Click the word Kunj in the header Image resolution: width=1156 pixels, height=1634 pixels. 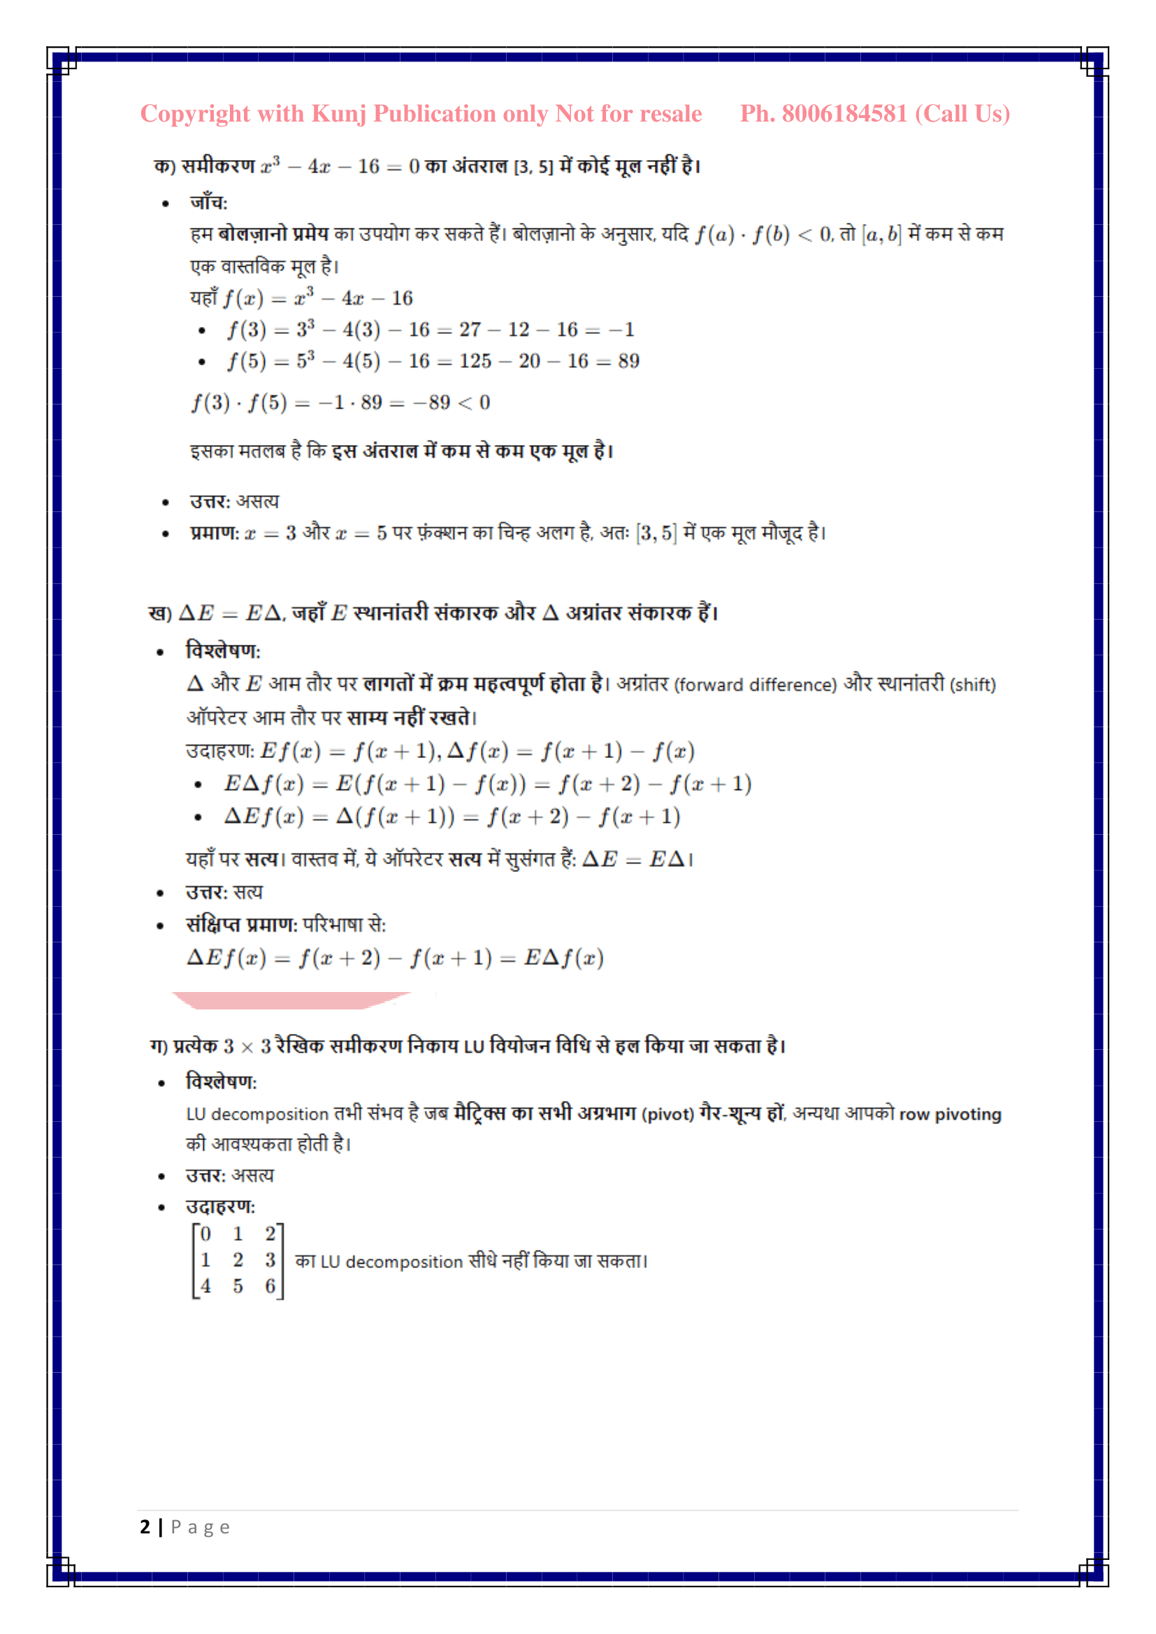click(x=339, y=114)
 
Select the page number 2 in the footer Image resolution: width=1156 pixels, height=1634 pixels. click(x=145, y=1526)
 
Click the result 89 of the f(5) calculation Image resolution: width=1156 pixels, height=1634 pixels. click(x=628, y=362)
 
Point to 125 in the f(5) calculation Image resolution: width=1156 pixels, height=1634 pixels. click(x=475, y=362)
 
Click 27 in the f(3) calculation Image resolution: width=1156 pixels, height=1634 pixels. click(x=469, y=330)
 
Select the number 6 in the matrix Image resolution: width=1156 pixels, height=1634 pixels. click(x=270, y=1286)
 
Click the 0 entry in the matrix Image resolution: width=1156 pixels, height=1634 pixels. click(x=205, y=1233)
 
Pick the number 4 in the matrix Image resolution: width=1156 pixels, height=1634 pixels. click(x=205, y=1286)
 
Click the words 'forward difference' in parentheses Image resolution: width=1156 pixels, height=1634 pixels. click(x=756, y=685)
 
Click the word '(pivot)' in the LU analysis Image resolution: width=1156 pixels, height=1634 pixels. click(x=667, y=1114)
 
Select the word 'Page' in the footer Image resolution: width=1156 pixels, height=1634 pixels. click(x=200, y=1527)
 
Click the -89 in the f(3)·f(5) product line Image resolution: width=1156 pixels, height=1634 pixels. click(x=431, y=403)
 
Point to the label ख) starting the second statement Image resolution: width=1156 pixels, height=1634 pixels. click(x=159, y=613)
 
